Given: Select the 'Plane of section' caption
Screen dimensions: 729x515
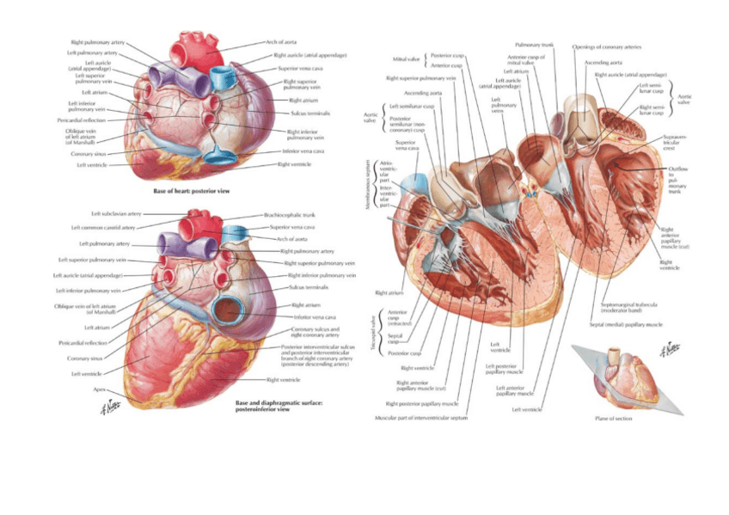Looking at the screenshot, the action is (613, 419).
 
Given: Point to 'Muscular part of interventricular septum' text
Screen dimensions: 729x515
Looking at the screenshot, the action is (421, 417).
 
